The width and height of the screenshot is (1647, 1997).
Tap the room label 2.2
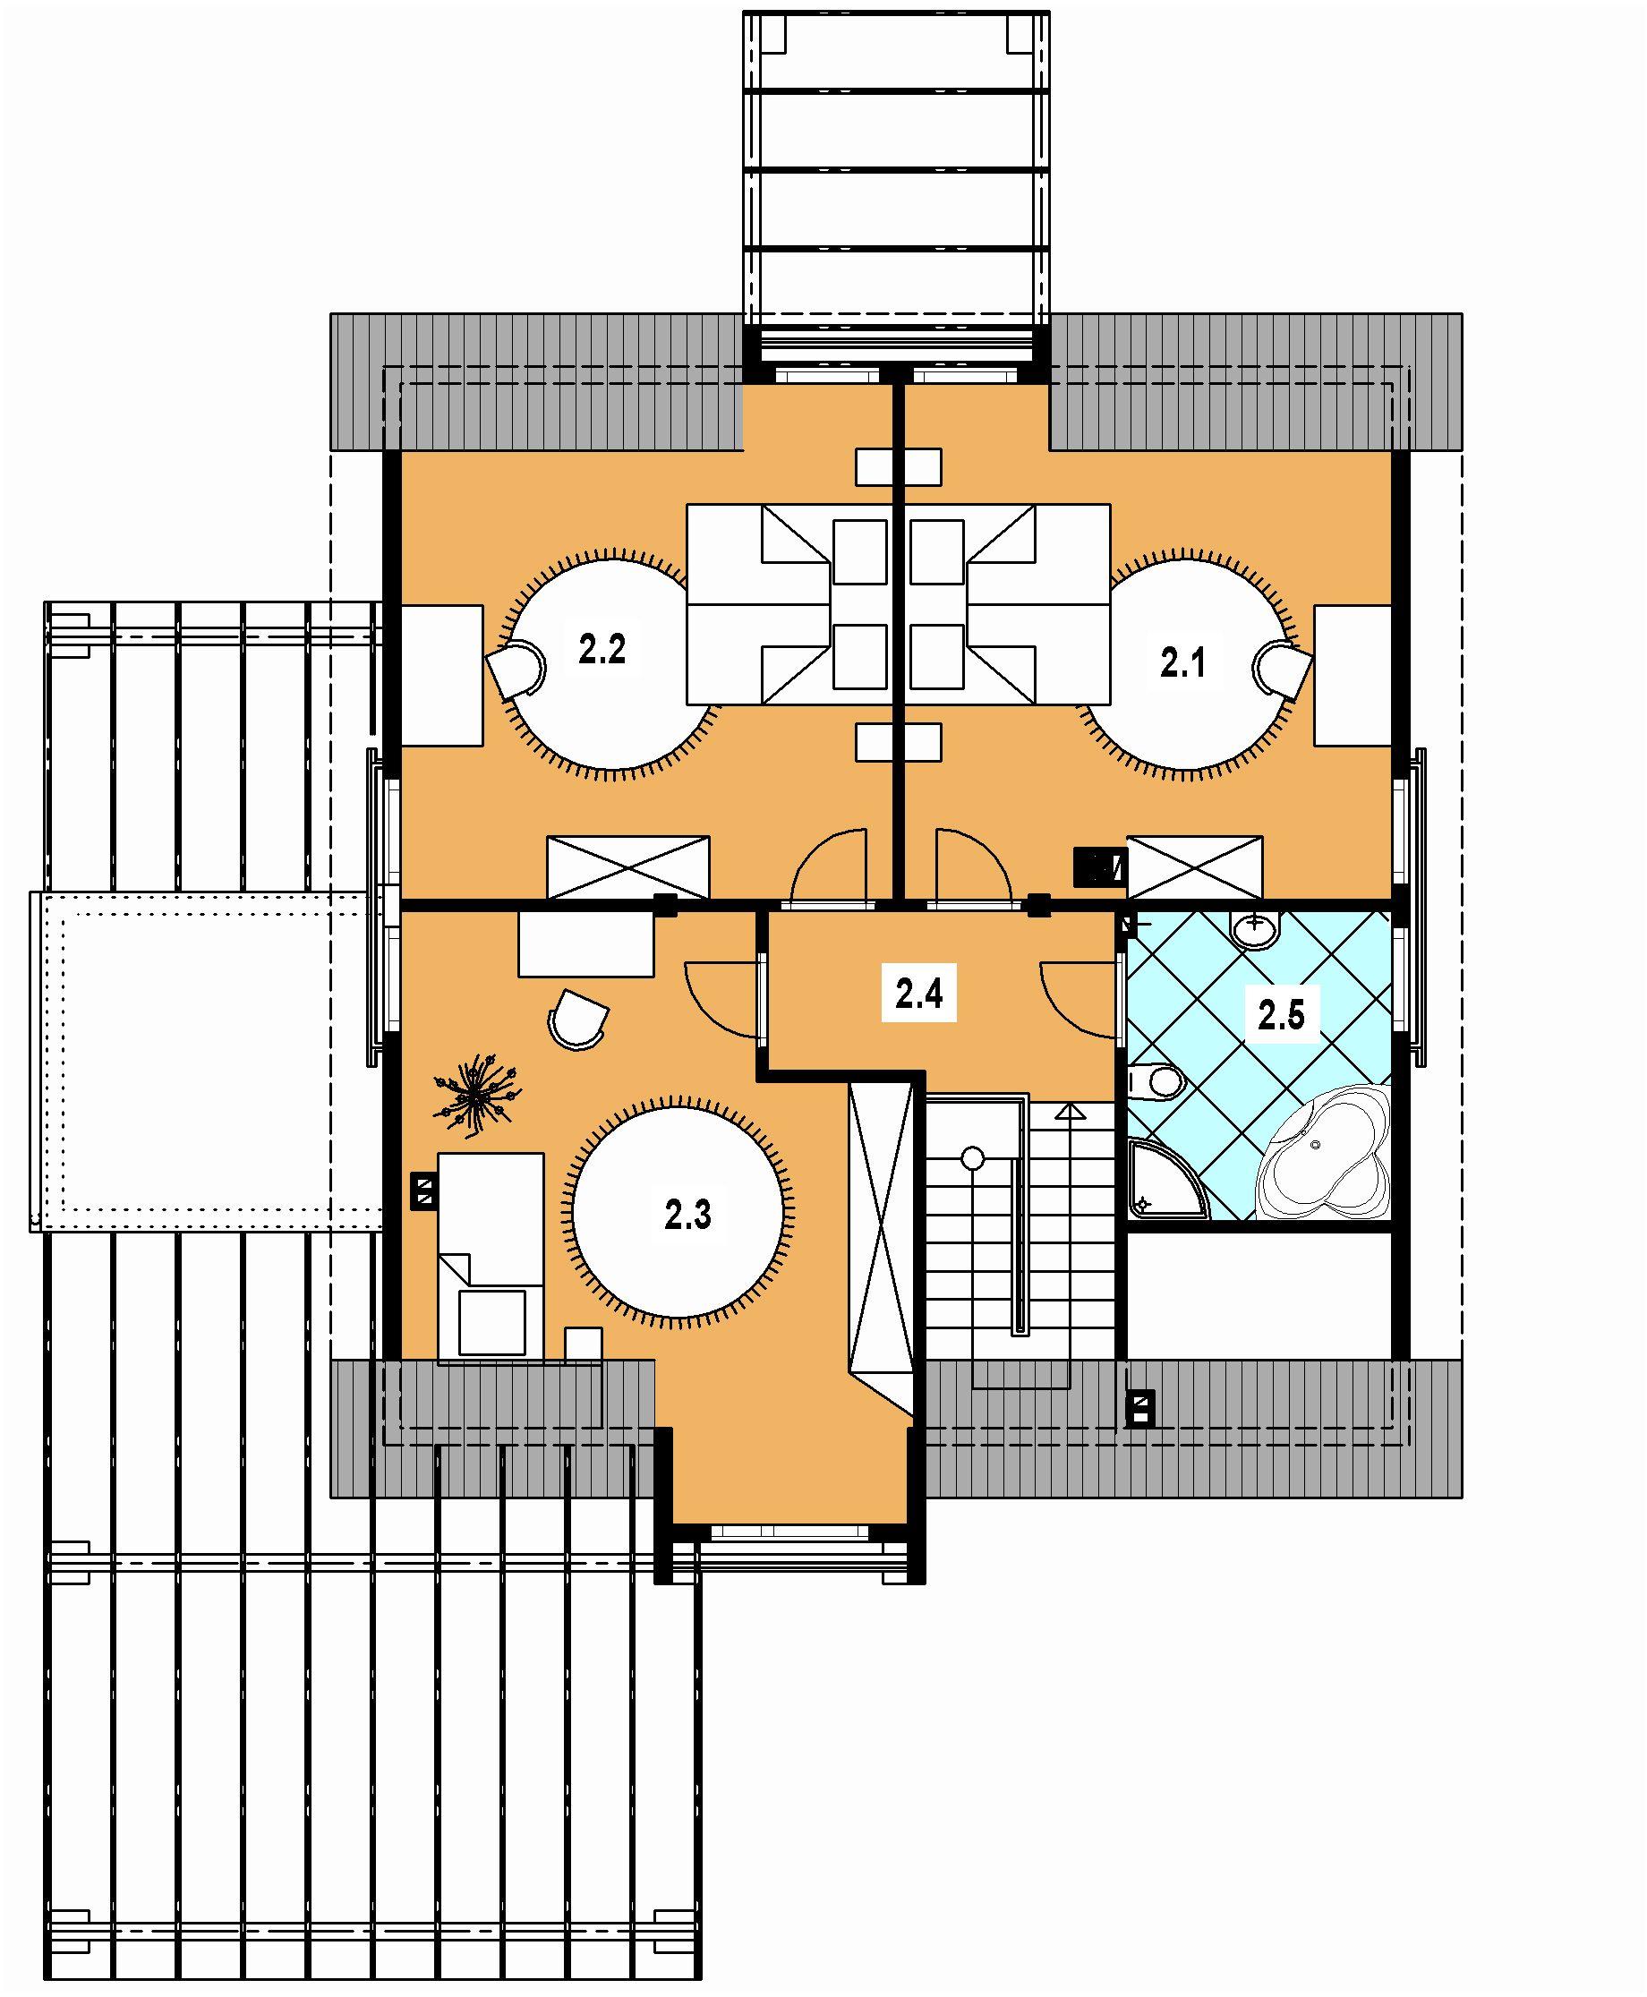602,650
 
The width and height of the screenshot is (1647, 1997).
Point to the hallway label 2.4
918,994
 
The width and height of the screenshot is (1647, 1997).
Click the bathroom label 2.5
1281,1015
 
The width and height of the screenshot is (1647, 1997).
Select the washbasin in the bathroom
1257,930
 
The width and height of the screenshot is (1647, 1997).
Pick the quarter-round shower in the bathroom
1169,1180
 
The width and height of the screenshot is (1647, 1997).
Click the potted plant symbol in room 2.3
475,1090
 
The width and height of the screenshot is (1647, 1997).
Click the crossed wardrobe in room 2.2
628,866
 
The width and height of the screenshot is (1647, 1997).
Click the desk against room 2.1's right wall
1352,676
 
